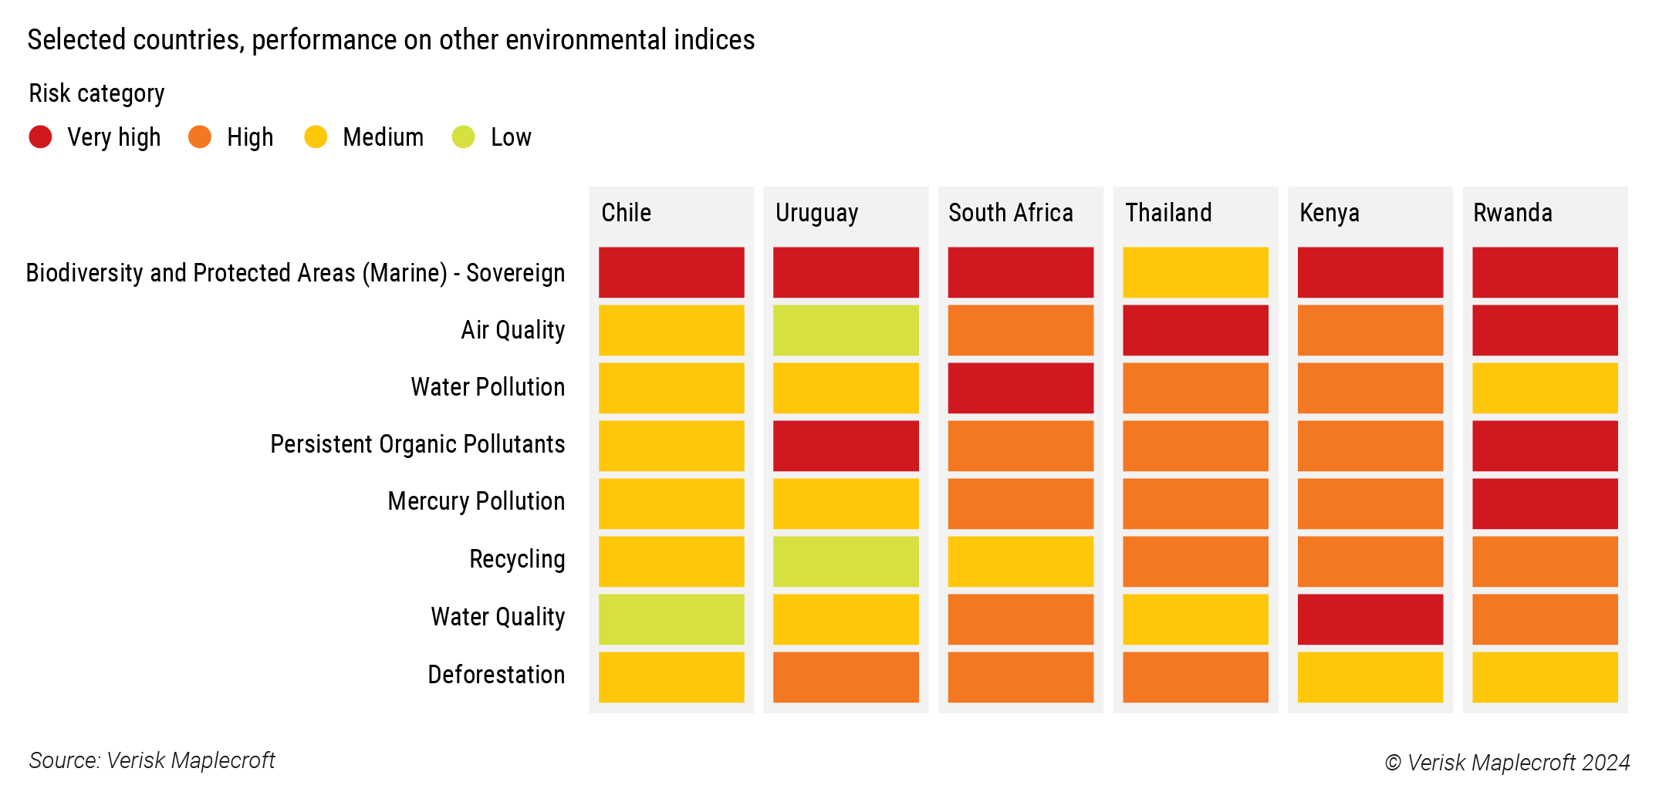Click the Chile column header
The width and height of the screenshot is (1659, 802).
pos(626,213)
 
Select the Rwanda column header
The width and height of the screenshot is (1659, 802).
pos(1512,213)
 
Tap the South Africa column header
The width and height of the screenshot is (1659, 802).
pos(1010,213)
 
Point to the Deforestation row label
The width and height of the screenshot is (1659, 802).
pos(495,675)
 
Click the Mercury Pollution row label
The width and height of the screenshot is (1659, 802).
pos(475,501)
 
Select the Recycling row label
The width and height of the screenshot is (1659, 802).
pos(516,559)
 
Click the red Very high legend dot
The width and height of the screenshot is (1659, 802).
pos(40,137)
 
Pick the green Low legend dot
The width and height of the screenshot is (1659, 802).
pos(463,137)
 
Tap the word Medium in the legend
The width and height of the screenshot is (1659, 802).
pos(383,137)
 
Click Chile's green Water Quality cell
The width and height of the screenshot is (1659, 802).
pos(671,619)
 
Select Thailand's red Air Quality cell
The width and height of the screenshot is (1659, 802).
pos(1195,330)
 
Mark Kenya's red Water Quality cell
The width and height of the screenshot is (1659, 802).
pos(1370,619)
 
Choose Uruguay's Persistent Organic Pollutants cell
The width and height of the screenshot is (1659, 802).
pos(846,446)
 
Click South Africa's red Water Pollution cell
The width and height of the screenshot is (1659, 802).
pos(1020,388)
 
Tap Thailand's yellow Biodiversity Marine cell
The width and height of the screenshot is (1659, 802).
pos(1195,272)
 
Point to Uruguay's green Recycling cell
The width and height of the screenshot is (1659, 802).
pos(846,561)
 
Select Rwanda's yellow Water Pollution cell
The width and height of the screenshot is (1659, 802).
pos(1545,388)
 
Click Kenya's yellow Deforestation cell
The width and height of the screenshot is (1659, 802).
pos(1370,677)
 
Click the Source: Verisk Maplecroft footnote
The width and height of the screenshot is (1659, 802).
pos(152,760)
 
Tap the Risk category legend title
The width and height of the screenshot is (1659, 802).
pos(96,93)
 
